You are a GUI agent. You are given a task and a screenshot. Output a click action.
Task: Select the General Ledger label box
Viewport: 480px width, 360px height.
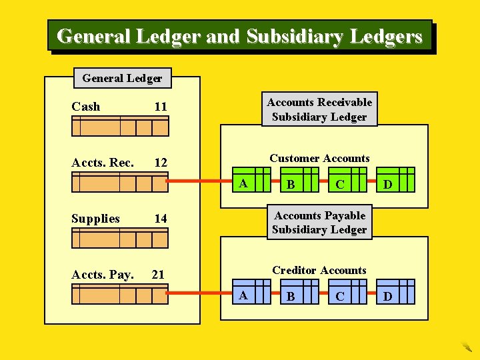(122, 78)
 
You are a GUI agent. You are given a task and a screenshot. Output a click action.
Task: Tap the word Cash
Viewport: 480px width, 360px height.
(86, 107)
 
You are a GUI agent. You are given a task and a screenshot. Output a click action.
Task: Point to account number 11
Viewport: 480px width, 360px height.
(161, 107)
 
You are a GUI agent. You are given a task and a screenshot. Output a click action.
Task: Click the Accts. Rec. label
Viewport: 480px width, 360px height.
(103, 163)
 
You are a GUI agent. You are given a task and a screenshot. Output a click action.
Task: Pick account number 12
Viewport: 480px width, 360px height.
(161, 163)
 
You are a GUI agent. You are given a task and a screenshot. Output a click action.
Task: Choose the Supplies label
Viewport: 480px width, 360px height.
(95, 219)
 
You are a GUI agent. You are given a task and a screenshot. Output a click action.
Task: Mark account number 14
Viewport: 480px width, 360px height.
(161, 219)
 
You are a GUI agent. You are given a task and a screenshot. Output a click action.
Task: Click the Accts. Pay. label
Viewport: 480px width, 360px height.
(103, 274)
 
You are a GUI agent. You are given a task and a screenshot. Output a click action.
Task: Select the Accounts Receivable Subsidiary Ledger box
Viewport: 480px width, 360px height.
(319, 109)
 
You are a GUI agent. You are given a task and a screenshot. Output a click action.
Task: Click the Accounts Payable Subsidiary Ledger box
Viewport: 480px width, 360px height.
(319, 222)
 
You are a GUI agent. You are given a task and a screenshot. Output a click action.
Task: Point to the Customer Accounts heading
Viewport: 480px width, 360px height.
(319, 159)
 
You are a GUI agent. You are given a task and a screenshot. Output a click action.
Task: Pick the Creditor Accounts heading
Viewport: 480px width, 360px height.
(319, 270)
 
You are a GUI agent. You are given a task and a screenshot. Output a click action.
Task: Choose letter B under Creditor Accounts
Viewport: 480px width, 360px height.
(290, 296)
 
